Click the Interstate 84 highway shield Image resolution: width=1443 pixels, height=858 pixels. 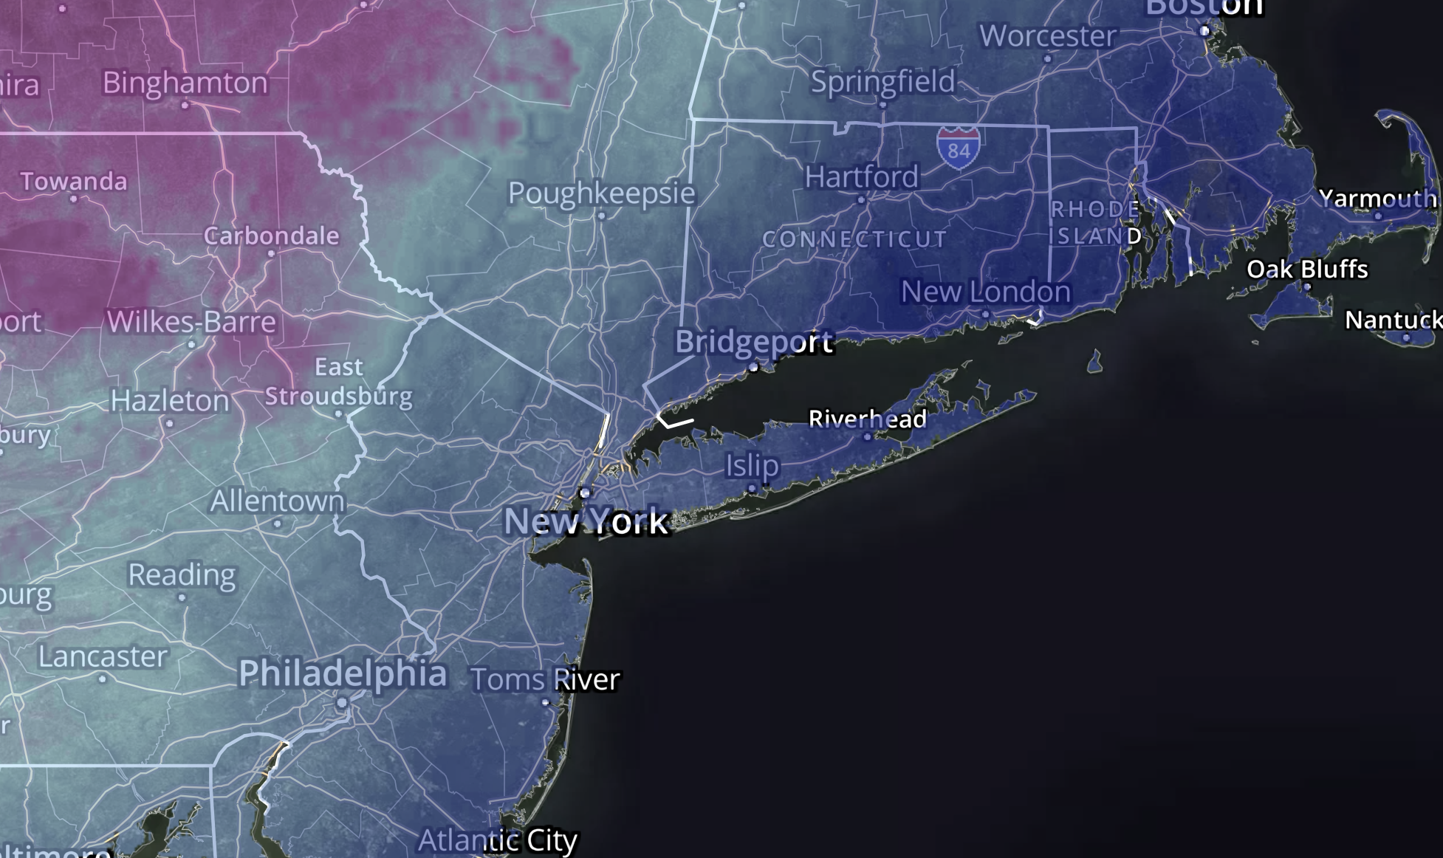pyautogui.click(x=958, y=148)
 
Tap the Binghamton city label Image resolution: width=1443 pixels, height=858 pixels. pyautogui.click(x=185, y=83)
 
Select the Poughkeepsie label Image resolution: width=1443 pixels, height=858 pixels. pyautogui.click(x=601, y=193)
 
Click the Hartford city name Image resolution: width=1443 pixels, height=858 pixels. pyautogui.click(x=861, y=177)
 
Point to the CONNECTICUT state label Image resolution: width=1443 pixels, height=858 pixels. pyautogui.click(x=854, y=239)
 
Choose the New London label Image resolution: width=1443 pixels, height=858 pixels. pyautogui.click(x=985, y=292)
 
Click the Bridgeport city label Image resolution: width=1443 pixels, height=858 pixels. pyautogui.click(x=753, y=342)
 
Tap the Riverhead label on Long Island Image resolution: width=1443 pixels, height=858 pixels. pyautogui.click(x=867, y=419)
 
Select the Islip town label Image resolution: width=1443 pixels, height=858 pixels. pyautogui.click(x=752, y=466)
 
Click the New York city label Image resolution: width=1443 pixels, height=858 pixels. pyautogui.click(x=586, y=521)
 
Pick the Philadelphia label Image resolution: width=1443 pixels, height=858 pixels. pyautogui.click(x=342, y=673)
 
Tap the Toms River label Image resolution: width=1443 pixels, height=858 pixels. pyautogui.click(x=545, y=679)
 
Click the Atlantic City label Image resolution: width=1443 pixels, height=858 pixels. pyautogui.click(x=497, y=840)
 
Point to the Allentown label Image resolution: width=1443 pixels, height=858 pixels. pyautogui.click(x=277, y=502)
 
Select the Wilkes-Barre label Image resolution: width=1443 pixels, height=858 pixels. pyautogui.click(x=191, y=322)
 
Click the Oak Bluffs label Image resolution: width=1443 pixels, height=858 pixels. pyautogui.click(x=1307, y=269)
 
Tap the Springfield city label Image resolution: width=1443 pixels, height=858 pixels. pyautogui.click(x=882, y=82)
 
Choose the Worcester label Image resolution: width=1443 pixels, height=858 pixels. pyautogui.click(x=1047, y=36)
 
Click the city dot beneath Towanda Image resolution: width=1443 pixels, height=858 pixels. pyautogui.click(x=73, y=199)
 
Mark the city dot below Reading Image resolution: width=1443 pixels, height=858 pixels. pyautogui.click(x=182, y=597)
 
